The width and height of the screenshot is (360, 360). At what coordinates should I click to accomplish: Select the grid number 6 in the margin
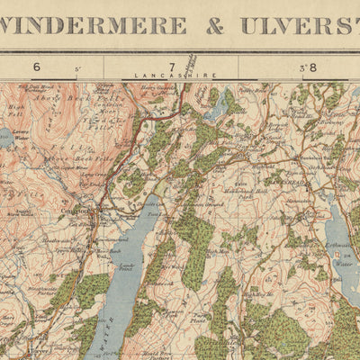pos(37,66)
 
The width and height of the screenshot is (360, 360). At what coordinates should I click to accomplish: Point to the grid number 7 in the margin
pos(171,66)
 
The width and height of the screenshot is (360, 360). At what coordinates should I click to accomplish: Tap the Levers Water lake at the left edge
pos(5,139)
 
